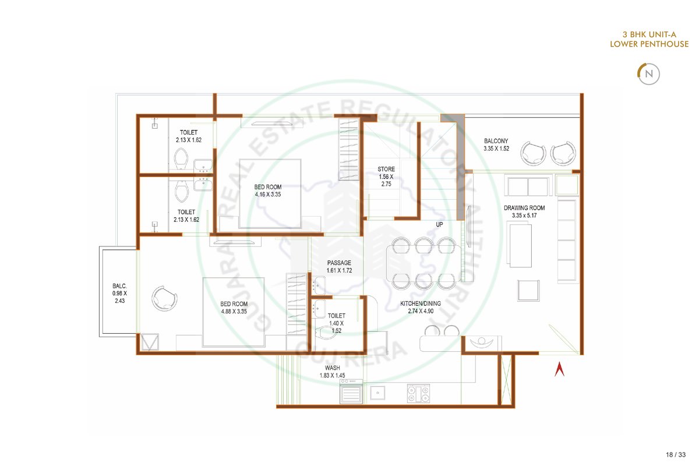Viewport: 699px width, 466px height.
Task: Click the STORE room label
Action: click(x=386, y=169)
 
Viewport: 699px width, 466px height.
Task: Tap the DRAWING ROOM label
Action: click(x=524, y=208)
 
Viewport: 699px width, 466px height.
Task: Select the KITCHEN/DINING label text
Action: click(x=421, y=303)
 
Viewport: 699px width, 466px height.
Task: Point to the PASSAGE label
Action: click(x=339, y=263)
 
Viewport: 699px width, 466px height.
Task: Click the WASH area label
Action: click(x=333, y=368)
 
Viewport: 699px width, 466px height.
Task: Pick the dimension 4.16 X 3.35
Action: click(x=268, y=195)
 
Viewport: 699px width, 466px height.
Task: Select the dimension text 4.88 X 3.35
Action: click(x=234, y=311)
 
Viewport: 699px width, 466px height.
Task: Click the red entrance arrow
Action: click(x=559, y=369)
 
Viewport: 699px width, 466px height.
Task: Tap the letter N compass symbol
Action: click(x=649, y=74)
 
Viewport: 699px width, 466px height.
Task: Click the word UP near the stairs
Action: click(x=439, y=224)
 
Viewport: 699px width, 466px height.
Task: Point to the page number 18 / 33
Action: click(x=676, y=454)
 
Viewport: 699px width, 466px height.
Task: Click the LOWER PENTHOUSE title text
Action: click(x=649, y=44)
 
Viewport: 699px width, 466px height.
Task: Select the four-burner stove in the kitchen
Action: click(x=418, y=393)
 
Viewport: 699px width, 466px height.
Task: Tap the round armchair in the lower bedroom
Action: click(x=164, y=298)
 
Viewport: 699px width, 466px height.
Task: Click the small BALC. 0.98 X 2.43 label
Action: click(x=119, y=294)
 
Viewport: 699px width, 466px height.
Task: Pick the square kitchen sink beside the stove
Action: click(x=377, y=393)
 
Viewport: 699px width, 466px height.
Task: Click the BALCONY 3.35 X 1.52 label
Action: click(x=496, y=145)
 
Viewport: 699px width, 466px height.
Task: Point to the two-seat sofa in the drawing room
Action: click(x=528, y=186)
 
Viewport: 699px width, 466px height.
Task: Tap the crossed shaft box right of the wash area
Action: click(x=506, y=380)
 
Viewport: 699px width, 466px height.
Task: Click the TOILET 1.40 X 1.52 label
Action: click(x=337, y=323)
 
